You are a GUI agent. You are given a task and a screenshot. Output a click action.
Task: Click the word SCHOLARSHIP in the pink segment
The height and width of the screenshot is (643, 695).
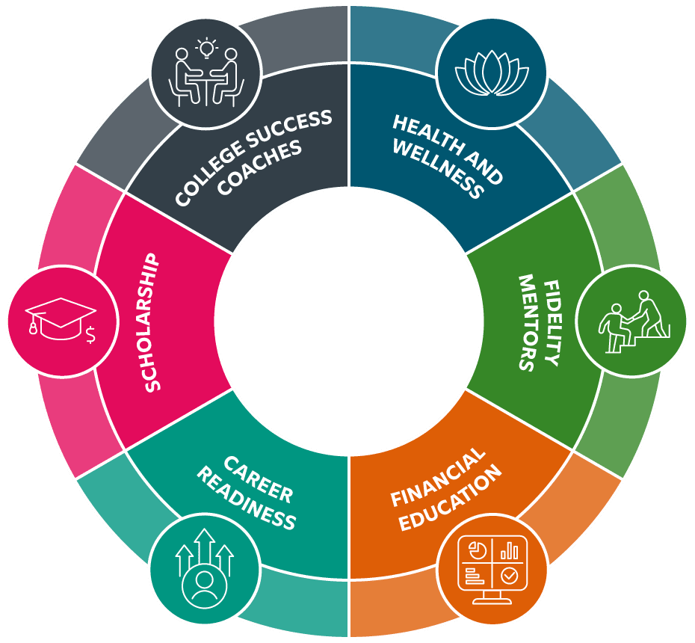pyautogui.click(x=152, y=322)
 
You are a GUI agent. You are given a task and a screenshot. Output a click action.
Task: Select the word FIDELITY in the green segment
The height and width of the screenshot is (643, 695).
pyautogui.click(x=552, y=322)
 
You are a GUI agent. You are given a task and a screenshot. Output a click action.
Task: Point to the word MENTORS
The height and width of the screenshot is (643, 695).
pyautogui.click(x=527, y=322)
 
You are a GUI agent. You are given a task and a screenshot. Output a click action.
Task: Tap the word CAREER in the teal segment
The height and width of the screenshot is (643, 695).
pyautogui.click(x=258, y=480)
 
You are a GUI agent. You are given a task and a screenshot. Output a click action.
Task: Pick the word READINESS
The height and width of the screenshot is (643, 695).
pyautogui.click(x=246, y=498)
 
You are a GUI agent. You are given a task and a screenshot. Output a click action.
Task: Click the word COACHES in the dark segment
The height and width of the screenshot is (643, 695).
pyautogui.click(x=259, y=167)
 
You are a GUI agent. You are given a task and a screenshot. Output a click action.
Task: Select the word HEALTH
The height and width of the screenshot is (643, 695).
pyautogui.click(x=425, y=136)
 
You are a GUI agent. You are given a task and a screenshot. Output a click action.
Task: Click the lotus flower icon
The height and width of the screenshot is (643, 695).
pyautogui.click(x=492, y=73)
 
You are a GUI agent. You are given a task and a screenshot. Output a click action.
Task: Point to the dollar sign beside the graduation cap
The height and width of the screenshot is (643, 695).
pyautogui.click(x=91, y=335)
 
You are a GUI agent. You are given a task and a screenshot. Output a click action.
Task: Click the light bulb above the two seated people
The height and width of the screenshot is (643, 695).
pyautogui.click(x=206, y=47)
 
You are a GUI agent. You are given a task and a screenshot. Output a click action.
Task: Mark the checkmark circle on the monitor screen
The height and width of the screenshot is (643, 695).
pyautogui.click(x=509, y=576)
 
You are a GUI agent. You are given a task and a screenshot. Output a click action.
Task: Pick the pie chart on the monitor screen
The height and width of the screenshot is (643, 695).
pyautogui.click(x=478, y=550)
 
